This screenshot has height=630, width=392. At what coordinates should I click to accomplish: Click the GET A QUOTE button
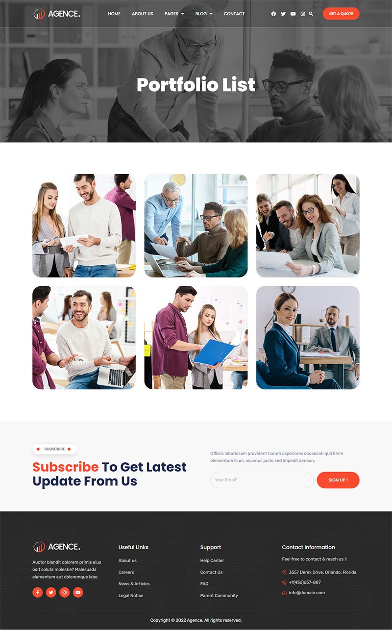click(x=341, y=14)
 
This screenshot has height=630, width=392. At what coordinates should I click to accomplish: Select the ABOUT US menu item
click(x=143, y=14)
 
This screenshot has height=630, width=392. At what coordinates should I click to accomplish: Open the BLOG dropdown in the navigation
click(x=204, y=14)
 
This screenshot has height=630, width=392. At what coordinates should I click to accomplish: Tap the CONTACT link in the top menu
click(x=234, y=14)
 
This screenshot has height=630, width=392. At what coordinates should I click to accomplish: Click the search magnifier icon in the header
click(x=311, y=14)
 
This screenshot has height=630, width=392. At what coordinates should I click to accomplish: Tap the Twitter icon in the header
click(x=283, y=14)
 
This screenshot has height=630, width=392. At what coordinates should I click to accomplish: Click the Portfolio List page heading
click(x=196, y=84)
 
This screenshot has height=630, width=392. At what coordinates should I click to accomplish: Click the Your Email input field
click(x=262, y=480)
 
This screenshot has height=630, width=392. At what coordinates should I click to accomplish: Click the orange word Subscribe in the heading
click(x=66, y=467)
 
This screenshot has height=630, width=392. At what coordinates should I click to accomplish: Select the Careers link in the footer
click(x=126, y=572)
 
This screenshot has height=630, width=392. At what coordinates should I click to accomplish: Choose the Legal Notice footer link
click(x=131, y=595)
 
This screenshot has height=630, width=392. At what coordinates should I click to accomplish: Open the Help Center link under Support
click(x=212, y=560)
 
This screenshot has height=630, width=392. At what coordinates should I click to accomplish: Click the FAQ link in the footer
click(x=204, y=583)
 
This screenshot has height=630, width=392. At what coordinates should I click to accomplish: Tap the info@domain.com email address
click(x=307, y=593)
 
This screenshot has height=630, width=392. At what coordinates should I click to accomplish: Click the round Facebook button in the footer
click(x=37, y=592)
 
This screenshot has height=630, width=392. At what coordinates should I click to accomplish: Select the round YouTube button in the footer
click(x=78, y=592)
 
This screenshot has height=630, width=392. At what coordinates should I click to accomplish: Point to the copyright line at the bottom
click(x=196, y=620)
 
